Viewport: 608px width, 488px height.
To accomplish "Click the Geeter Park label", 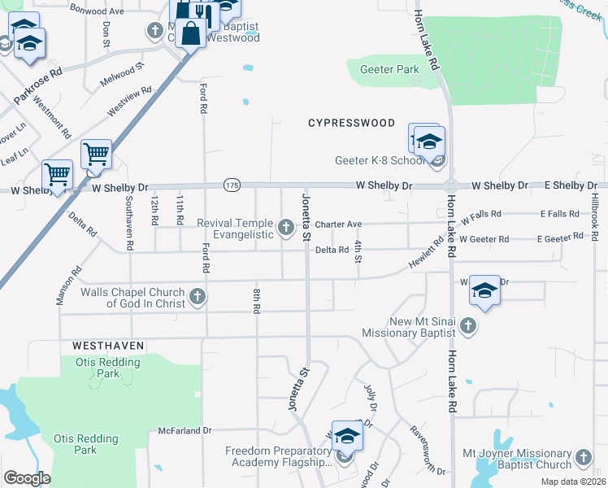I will pos(389,70).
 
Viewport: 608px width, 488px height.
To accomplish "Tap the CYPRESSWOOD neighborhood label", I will pos(351,124).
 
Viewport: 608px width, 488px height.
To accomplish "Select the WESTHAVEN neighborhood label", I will pos(102,346).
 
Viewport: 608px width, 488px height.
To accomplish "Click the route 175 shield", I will pos(232,186).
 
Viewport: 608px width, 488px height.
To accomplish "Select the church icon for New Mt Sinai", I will pos(467,326).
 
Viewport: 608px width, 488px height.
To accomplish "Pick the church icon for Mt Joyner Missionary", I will pos(584,459).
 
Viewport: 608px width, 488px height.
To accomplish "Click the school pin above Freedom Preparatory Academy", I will pos(347,437).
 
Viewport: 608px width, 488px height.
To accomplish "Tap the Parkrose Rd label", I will pos(38,86).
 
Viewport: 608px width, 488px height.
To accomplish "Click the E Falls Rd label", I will pos(559,214).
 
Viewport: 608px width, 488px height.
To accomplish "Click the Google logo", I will pos(27,478).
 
